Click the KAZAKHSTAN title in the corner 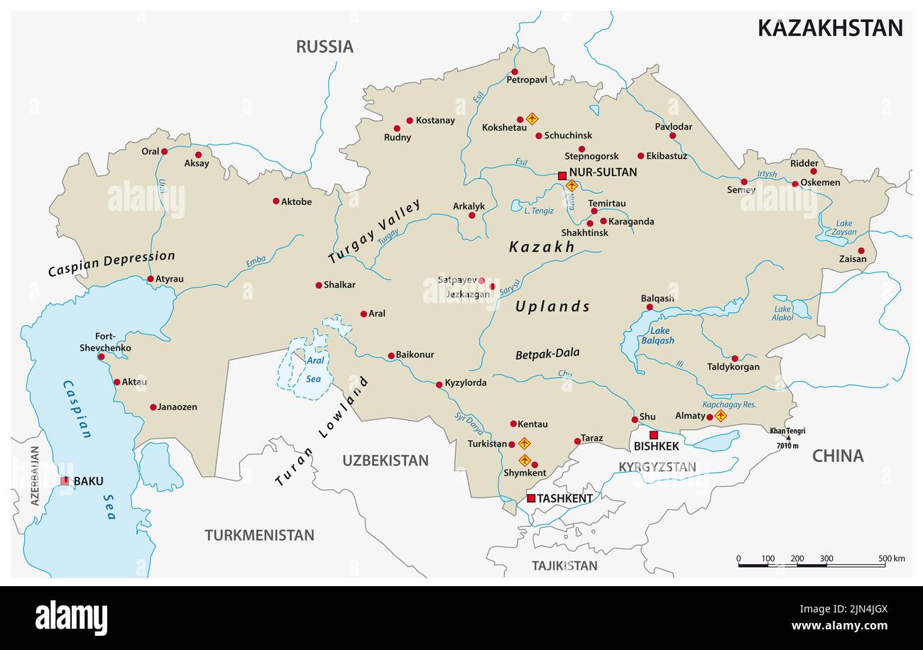pos(829,28)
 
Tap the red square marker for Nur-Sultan pos(562,175)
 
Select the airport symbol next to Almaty pos(721,416)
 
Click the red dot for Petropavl pos(515,72)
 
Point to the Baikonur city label pos(415,355)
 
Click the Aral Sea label pos(315,369)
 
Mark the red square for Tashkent pos(531,498)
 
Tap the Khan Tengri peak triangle pos(787,438)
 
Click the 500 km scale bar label pos(891,558)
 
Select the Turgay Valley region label pos(374,231)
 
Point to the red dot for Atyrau pos(151,279)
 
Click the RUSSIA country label pos(324,47)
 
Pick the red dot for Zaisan pos(861,250)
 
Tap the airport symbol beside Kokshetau pos(532,119)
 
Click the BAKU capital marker pos(65,481)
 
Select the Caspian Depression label pos(111,263)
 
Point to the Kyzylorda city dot pos(439,385)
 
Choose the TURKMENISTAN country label pos(259,535)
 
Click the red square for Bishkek pos(654,435)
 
